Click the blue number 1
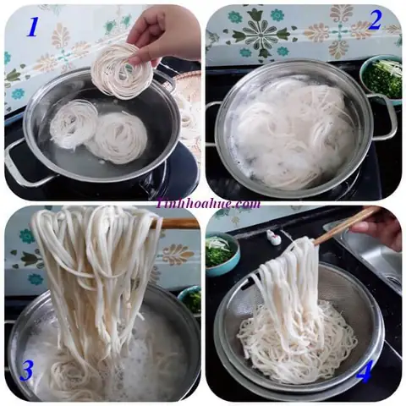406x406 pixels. (33, 27)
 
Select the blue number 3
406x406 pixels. (28, 370)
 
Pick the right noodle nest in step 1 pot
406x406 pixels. (118, 137)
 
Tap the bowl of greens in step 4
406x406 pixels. (221, 251)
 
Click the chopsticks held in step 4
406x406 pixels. (343, 226)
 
